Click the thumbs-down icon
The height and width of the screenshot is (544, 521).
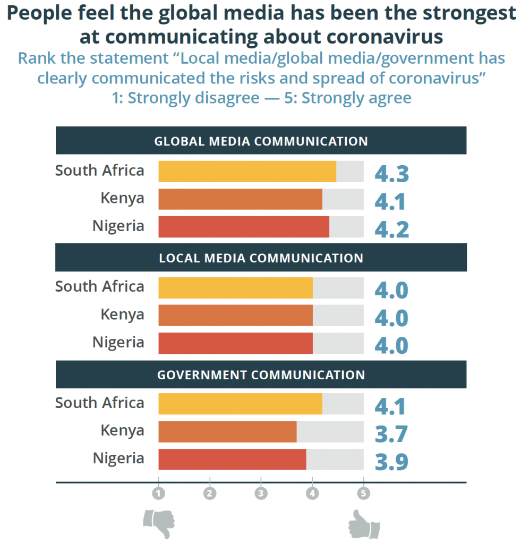159,523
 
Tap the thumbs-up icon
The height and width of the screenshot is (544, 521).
364,524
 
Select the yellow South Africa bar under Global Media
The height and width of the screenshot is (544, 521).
247,172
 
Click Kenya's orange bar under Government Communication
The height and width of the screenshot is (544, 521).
227,431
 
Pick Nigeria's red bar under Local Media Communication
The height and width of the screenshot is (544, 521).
235,343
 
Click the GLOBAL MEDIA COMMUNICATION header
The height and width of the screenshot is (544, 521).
261,141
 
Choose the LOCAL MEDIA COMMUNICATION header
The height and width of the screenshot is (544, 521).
261,258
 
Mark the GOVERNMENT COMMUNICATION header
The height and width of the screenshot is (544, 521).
261,375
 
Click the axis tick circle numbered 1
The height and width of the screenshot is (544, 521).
158,493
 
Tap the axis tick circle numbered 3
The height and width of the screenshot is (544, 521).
261,493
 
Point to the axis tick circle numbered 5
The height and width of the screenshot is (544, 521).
363,493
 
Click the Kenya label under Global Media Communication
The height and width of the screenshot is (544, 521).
122,198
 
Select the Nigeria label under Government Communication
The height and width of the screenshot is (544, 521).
118,458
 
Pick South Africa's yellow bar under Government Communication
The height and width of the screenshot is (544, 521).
240,404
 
